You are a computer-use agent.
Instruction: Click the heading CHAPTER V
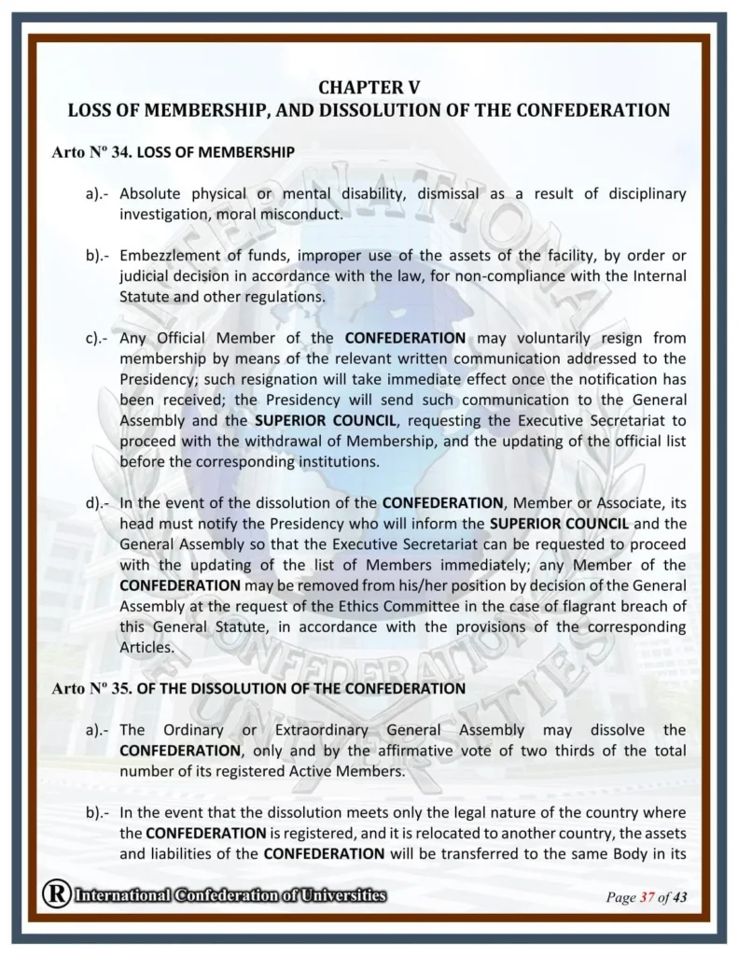pos(369,88)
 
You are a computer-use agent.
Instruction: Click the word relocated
pos(485,833)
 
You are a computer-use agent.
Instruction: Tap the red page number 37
pos(646,898)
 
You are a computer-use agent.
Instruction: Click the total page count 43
pos(679,898)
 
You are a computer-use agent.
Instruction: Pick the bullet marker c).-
pos(97,338)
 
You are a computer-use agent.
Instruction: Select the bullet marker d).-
pos(97,502)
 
